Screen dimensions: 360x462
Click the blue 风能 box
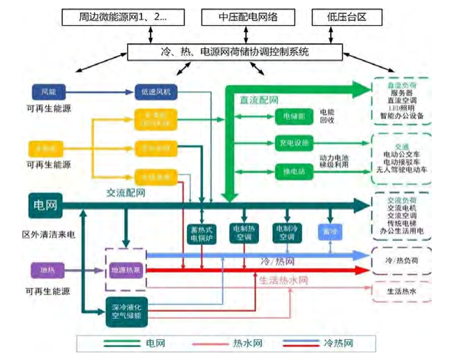[47, 91]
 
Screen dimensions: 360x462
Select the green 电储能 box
[292, 116]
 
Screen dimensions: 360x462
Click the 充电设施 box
[292, 144]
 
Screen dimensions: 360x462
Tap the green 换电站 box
[292, 172]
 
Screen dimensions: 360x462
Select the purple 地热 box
[46, 269]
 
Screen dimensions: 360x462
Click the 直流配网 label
[260, 100]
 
